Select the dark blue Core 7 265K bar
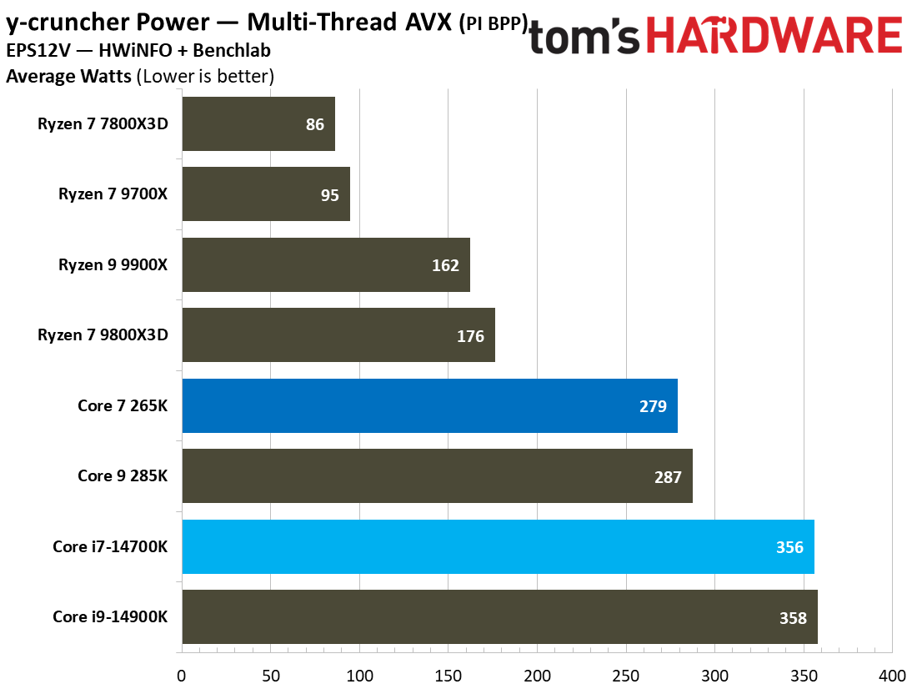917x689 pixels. point(429,405)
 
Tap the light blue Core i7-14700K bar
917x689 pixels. point(498,546)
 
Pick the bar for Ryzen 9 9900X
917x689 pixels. point(325,264)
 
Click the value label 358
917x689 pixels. point(793,618)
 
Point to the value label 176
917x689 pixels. point(470,336)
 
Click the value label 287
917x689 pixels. point(668,477)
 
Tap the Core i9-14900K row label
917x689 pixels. point(110,617)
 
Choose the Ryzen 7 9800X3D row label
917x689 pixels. point(103,335)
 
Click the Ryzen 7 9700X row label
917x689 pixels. point(113,194)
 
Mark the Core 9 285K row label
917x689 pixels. point(123,476)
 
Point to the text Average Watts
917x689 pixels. point(68,77)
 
